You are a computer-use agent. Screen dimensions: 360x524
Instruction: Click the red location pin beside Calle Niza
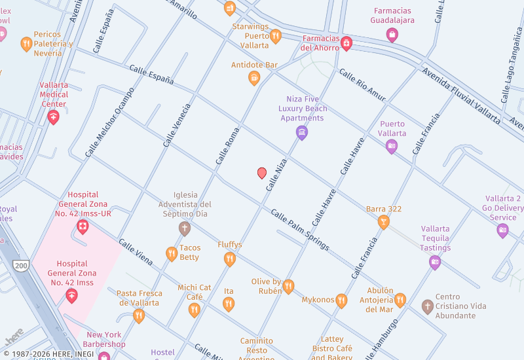(x=262, y=173)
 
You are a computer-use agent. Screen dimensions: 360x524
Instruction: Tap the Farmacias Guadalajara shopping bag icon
(x=392, y=35)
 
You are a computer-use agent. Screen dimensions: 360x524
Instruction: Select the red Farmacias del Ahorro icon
(x=346, y=44)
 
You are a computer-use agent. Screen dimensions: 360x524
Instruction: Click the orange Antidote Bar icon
(x=254, y=79)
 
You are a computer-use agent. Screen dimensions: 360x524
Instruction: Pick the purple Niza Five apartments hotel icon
(x=302, y=133)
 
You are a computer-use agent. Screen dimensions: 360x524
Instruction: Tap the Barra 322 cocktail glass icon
(x=384, y=223)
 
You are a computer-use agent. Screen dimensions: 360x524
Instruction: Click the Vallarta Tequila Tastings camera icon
(x=435, y=262)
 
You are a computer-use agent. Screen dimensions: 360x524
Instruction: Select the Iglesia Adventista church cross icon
(x=185, y=228)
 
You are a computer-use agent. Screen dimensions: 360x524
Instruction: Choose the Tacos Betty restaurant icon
(x=172, y=253)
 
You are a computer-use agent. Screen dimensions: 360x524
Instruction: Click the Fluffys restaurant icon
(x=230, y=259)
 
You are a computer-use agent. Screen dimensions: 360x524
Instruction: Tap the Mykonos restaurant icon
(x=341, y=300)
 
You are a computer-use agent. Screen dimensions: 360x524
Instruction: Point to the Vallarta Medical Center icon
(x=54, y=117)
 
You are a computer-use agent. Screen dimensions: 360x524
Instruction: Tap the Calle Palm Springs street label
(x=300, y=230)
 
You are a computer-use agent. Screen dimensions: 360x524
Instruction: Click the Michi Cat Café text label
(x=195, y=292)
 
